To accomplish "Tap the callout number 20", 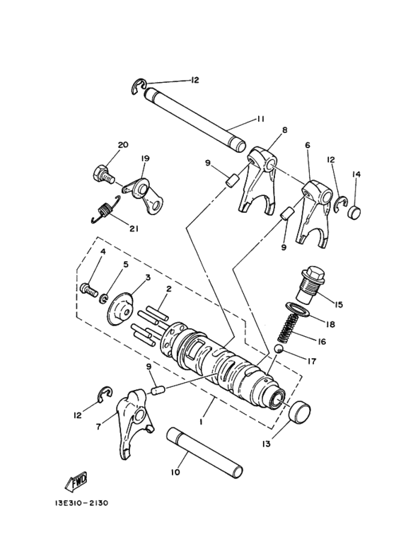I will (123, 145).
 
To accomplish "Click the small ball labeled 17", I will (280, 349).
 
